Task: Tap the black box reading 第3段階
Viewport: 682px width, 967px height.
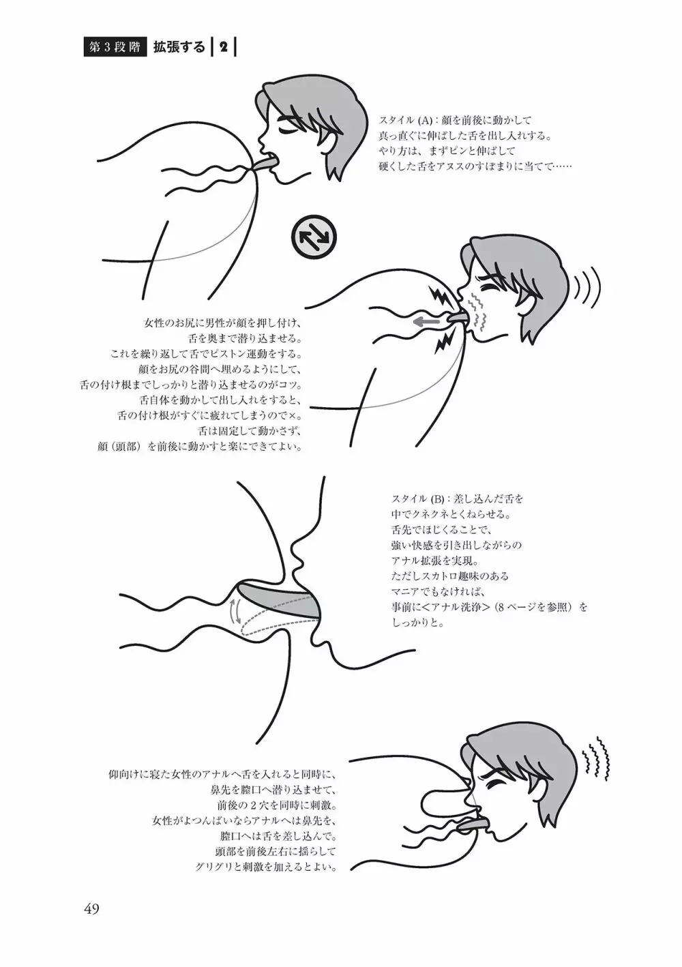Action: pos(115,48)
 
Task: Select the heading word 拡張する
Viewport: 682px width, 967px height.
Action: pos(179,48)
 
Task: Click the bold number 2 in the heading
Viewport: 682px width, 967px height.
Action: pos(223,48)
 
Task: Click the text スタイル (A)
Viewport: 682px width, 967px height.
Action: pos(406,119)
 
